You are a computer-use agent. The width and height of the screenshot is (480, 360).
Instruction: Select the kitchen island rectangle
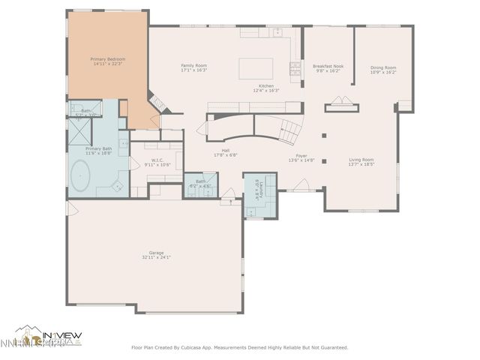tap(255, 68)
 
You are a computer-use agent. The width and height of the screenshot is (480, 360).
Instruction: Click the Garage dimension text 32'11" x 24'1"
tap(156, 257)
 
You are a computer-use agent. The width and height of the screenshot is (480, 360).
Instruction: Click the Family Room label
tap(193, 66)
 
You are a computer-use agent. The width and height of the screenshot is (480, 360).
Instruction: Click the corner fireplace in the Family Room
tap(155, 99)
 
